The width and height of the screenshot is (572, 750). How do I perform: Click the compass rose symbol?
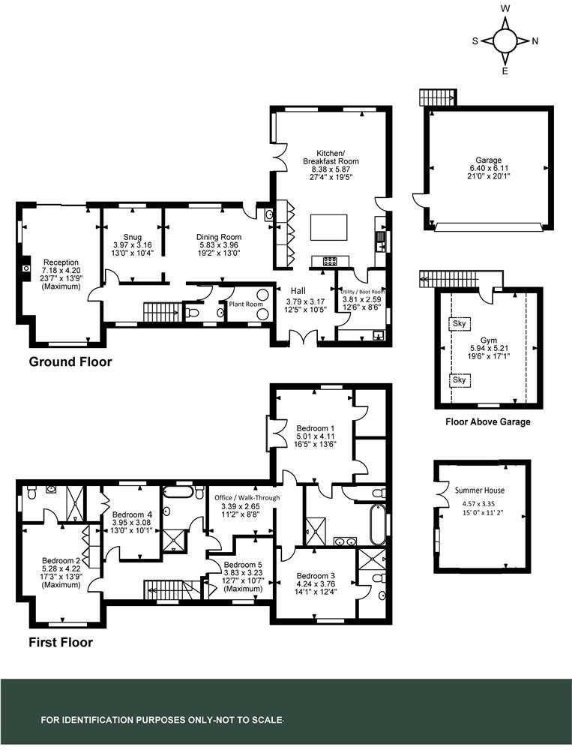pos(505,40)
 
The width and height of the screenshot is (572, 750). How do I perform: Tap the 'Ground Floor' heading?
pos(70,362)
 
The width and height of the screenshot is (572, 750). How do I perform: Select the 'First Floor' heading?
pos(60,642)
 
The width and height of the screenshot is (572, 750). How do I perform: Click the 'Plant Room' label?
pos(246,304)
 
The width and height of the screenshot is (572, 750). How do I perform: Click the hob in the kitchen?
pos(330,261)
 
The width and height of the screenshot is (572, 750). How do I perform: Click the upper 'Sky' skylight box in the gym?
pos(459,324)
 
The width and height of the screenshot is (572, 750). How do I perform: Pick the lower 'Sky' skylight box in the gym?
pos(459,380)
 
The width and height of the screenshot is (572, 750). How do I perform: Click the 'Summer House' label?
pos(480,490)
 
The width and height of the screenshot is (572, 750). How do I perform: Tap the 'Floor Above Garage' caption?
pos(487,422)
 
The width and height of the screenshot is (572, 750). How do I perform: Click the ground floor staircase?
pos(159,310)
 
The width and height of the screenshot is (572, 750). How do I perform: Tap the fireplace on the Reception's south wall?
pos(25,267)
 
